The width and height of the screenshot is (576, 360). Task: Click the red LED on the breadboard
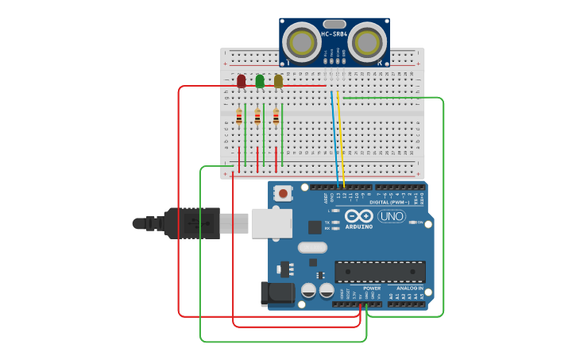pyautogui.click(x=242, y=81)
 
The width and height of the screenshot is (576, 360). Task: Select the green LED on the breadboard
pyautogui.click(x=260, y=81)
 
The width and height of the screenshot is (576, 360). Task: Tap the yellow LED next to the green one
pyautogui.click(x=278, y=81)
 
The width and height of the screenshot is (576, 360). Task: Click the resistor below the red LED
pyautogui.click(x=239, y=118)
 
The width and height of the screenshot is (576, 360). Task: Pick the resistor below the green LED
pyautogui.click(x=257, y=118)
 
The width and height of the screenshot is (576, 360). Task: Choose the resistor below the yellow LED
pyautogui.click(x=276, y=118)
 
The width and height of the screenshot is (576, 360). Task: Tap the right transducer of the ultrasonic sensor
pyautogui.click(x=366, y=41)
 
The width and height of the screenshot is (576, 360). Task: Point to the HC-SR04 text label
pyautogui.click(x=334, y=33)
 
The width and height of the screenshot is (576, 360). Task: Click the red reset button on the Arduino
pyautogui.click(x=284, y=193)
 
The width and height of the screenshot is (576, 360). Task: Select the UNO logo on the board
pyautogui.click(x=391, y=216)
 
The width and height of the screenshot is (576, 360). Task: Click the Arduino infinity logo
pyautogui.click(x=358, y=216)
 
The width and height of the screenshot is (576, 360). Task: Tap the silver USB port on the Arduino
pyautogui.click(x=272, y=223)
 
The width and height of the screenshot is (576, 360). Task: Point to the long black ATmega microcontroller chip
pyautogui.click(x=379, y=272)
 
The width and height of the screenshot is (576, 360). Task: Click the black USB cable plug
pyautogui.click(x=191, y=223)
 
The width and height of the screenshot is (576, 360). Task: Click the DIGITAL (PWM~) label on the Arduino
pyautogui.click(x=390, y=203)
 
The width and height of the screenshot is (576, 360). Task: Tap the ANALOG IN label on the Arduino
pyautogui.click(x=410, y=288)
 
